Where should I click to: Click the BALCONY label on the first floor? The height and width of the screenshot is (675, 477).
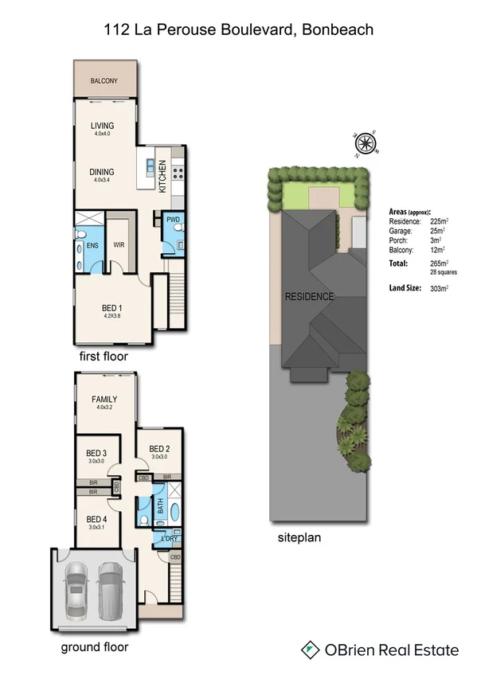(x=104, y=81)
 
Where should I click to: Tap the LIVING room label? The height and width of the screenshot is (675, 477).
(x=102, y=126)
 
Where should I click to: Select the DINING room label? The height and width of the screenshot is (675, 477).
(x=102, y=172)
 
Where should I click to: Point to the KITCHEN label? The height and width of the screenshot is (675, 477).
(x=162, y=177)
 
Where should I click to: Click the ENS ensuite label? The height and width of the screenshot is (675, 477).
(x=92, y=245)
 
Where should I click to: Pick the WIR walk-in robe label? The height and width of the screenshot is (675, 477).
(x=119, y=245)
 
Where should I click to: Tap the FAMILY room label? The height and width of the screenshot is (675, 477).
(x=104, y=400)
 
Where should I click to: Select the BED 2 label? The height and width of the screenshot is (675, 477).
(x=159, y=448)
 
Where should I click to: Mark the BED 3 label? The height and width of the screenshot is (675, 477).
(x=97, y=455)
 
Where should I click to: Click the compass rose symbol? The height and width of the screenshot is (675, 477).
(x=365, y=144)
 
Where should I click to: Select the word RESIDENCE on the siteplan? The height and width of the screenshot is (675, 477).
(x=310, y=297)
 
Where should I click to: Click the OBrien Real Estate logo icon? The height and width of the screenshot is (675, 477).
(x=310, y=650)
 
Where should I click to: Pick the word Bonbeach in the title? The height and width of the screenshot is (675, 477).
(x=338, y=30)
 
